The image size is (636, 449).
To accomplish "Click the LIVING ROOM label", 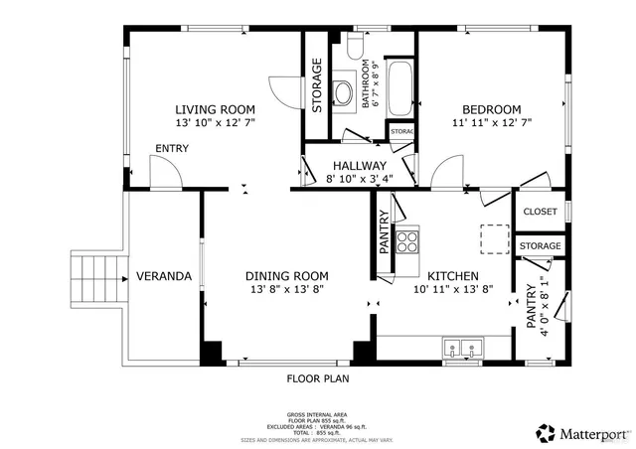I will (216, 109).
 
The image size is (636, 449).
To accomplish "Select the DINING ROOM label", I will (286, 275).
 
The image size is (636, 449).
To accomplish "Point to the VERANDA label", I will (164, 276).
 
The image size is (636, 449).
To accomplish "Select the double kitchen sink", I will (462, 348).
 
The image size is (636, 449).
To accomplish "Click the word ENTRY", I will (171, 149).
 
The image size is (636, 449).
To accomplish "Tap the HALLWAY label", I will (359, 166).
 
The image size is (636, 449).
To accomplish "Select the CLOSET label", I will (540, 212).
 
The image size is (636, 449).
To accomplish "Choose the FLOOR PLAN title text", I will (318, 378).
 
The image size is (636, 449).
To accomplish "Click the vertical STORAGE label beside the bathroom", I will (317, 84).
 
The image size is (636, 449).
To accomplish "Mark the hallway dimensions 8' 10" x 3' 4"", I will (359, 180).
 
